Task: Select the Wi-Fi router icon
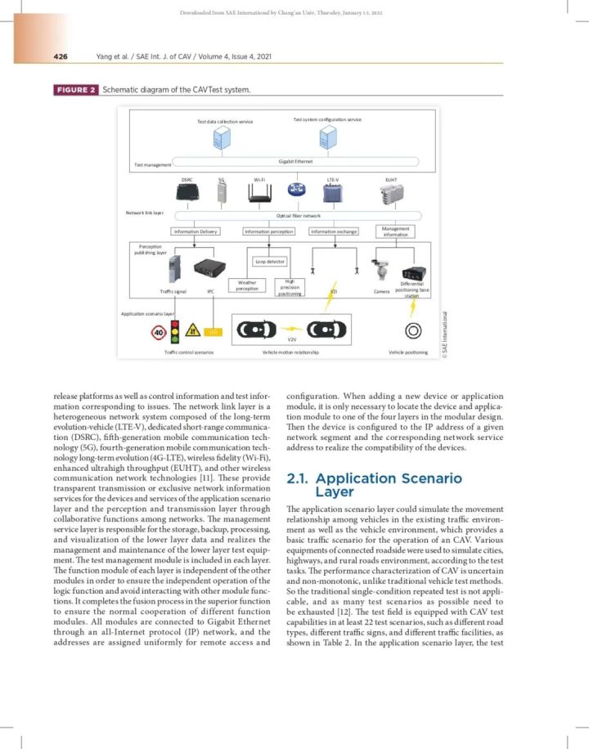[260, 193]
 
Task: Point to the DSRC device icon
[187, 193]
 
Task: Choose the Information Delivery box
[196, 231]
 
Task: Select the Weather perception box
[246, 285]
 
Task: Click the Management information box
[395, 231]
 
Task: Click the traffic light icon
[174, 331]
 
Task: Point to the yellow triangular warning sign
[194, 331]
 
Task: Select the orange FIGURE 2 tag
[76, 90]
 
